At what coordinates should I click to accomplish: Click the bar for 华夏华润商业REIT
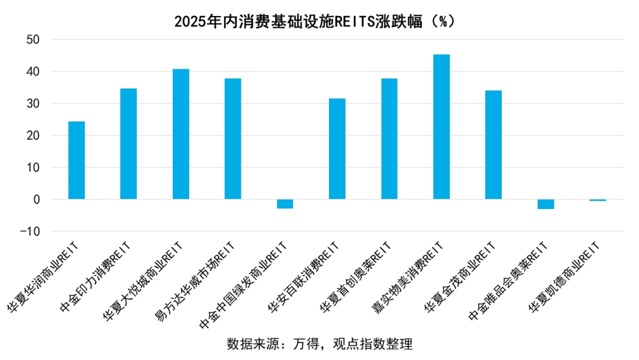(x=76, y=160)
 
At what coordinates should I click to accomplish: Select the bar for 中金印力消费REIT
(x=128, y=144)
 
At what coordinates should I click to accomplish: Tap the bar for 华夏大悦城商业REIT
(x=180, y=134)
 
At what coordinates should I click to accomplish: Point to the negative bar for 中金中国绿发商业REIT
(x=285, y=204)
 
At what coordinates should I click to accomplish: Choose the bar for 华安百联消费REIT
(x=337, y=149)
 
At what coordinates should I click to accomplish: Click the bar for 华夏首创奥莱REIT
(x=389, y=139)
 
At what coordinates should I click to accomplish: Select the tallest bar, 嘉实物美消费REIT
(x=441, y=127)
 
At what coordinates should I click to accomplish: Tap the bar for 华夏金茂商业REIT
(x=493, y=145)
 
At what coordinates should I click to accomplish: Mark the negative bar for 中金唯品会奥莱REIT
(x=546, y=204)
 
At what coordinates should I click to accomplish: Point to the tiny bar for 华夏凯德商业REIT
(x=598, y=200)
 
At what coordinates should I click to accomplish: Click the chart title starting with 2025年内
(x=314, y=21)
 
